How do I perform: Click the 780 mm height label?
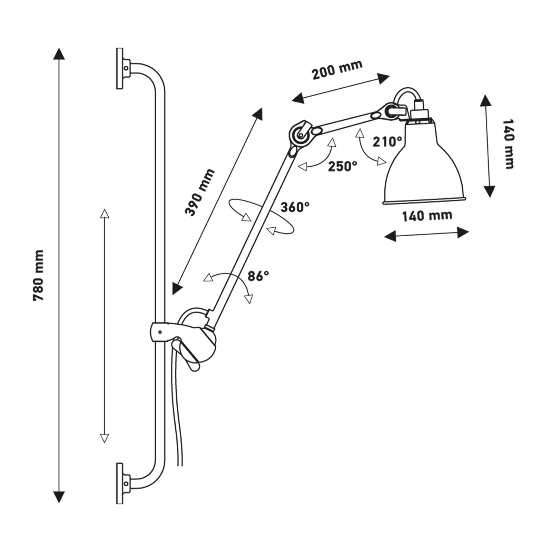pyautogui.click(x=38, y=275)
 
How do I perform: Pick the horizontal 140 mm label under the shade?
pyautogui.click(x=427, y=216)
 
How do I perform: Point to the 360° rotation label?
pyautogui.click(x=295, y=207)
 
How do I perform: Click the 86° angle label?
pyautogui.click(x=258, y=276)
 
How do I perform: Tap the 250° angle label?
pyautogui.click(x=342, y=166)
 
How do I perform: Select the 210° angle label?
pyautogui.click(x=387, y=141)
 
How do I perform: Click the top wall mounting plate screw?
pyautogui.click(x=126, y=68)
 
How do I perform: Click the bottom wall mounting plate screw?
pyautogui.click(x=126, y=483)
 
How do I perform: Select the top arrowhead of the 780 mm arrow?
pyautogui.click(x=59, y=53)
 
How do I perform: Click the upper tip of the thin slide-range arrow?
pyautogui.click(x=104, y=213)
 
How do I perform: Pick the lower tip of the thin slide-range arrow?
pyautogui.click(x=104, y=438)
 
